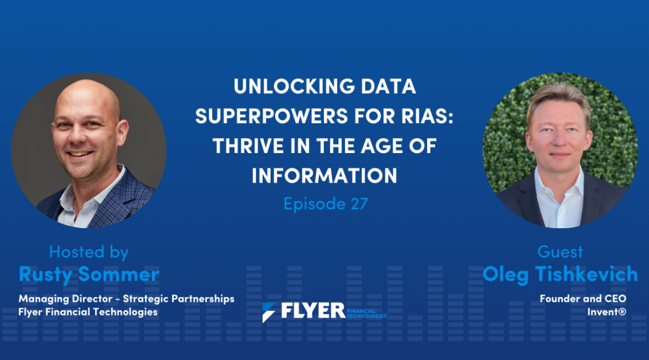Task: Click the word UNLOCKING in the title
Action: (x=294, y=86)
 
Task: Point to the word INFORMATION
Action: (x=324, y=176)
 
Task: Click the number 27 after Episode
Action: (x=360, y=204)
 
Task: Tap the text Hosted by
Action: (x=89, y=252)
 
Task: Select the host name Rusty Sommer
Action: (x=89, y=274)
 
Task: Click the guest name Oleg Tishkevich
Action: (x=560, y=274)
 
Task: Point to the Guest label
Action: (x=560, y=252)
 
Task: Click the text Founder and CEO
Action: (x=583, y=298)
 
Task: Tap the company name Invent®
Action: (x=606, y=312)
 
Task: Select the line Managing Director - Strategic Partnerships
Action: (x=126, y=299)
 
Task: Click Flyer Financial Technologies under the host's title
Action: (x=88, y=312)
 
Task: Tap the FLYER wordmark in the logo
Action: (x=313, y=311)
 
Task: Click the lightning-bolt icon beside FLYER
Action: (x=269, y=312)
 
